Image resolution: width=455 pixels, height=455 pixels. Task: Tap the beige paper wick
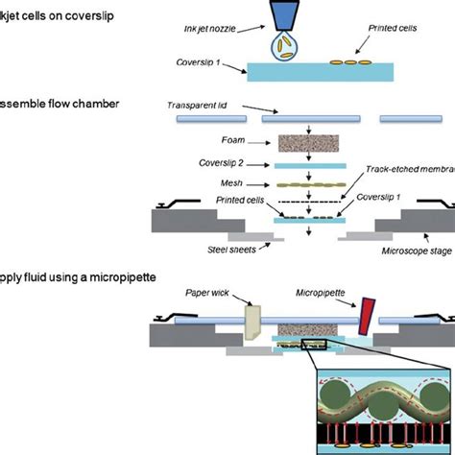point(253,322)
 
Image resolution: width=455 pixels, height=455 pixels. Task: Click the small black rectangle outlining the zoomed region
point(317,344)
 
